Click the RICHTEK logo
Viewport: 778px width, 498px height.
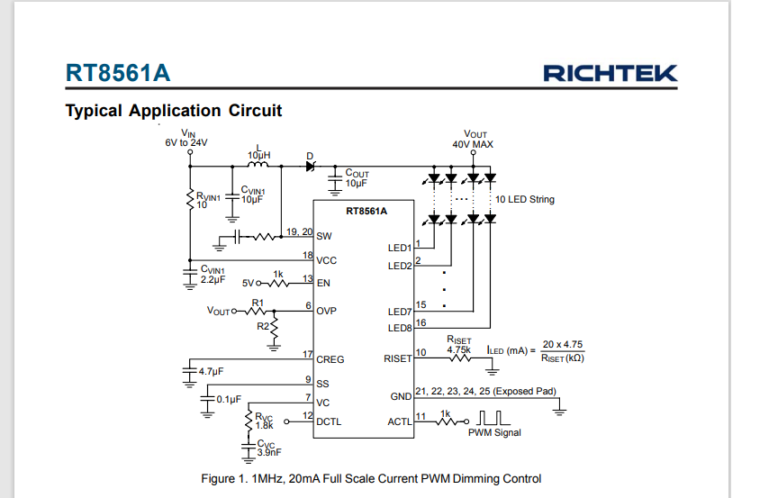pos(611,74)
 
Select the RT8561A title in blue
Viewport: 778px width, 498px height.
pos(118,73)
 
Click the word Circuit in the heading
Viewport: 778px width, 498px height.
pos(255,110)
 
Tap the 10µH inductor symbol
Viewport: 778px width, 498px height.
pos(258,164)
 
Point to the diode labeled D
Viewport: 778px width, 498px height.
pos(311,167)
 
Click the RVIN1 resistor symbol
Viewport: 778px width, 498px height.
pos(190,199)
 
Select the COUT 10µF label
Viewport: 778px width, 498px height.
pos(357,178)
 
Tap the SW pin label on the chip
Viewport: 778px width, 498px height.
pos(324,236)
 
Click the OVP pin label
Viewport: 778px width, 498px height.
pos(327,311)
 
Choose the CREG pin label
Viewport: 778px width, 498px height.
pos(330,359)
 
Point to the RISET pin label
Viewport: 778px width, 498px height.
pos(397,358)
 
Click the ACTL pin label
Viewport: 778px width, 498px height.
pos(400,421)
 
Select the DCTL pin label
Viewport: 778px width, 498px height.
pos(329,421)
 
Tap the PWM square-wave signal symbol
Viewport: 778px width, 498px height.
pos(493,418)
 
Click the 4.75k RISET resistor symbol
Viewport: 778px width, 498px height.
pos(459,358)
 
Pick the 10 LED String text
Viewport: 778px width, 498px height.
pos(525,199)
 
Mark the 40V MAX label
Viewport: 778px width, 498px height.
pos(473,144)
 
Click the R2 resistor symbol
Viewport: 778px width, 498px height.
pos(274,329)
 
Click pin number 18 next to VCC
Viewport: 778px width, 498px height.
pos(308,255)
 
